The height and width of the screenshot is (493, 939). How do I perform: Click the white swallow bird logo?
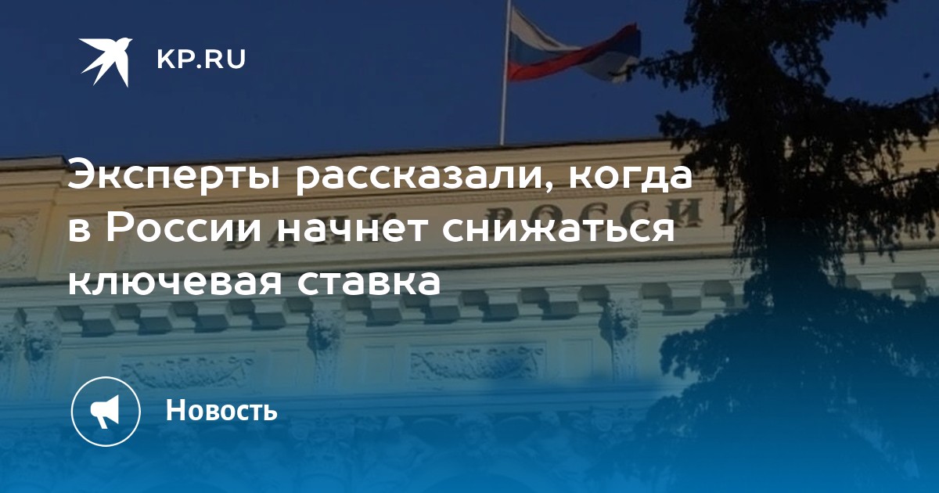click(x=106, y=61)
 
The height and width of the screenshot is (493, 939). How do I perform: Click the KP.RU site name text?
click(x=201, y=59)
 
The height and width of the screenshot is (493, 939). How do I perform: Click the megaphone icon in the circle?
click(x=105, y=412)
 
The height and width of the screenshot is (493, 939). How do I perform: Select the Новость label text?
click(x=221, y=410)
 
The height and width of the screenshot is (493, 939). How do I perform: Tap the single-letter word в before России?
click(x=79, y=231)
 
